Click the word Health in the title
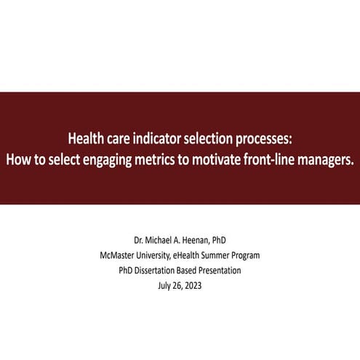coord(86,137)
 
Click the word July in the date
coord(164,285)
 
